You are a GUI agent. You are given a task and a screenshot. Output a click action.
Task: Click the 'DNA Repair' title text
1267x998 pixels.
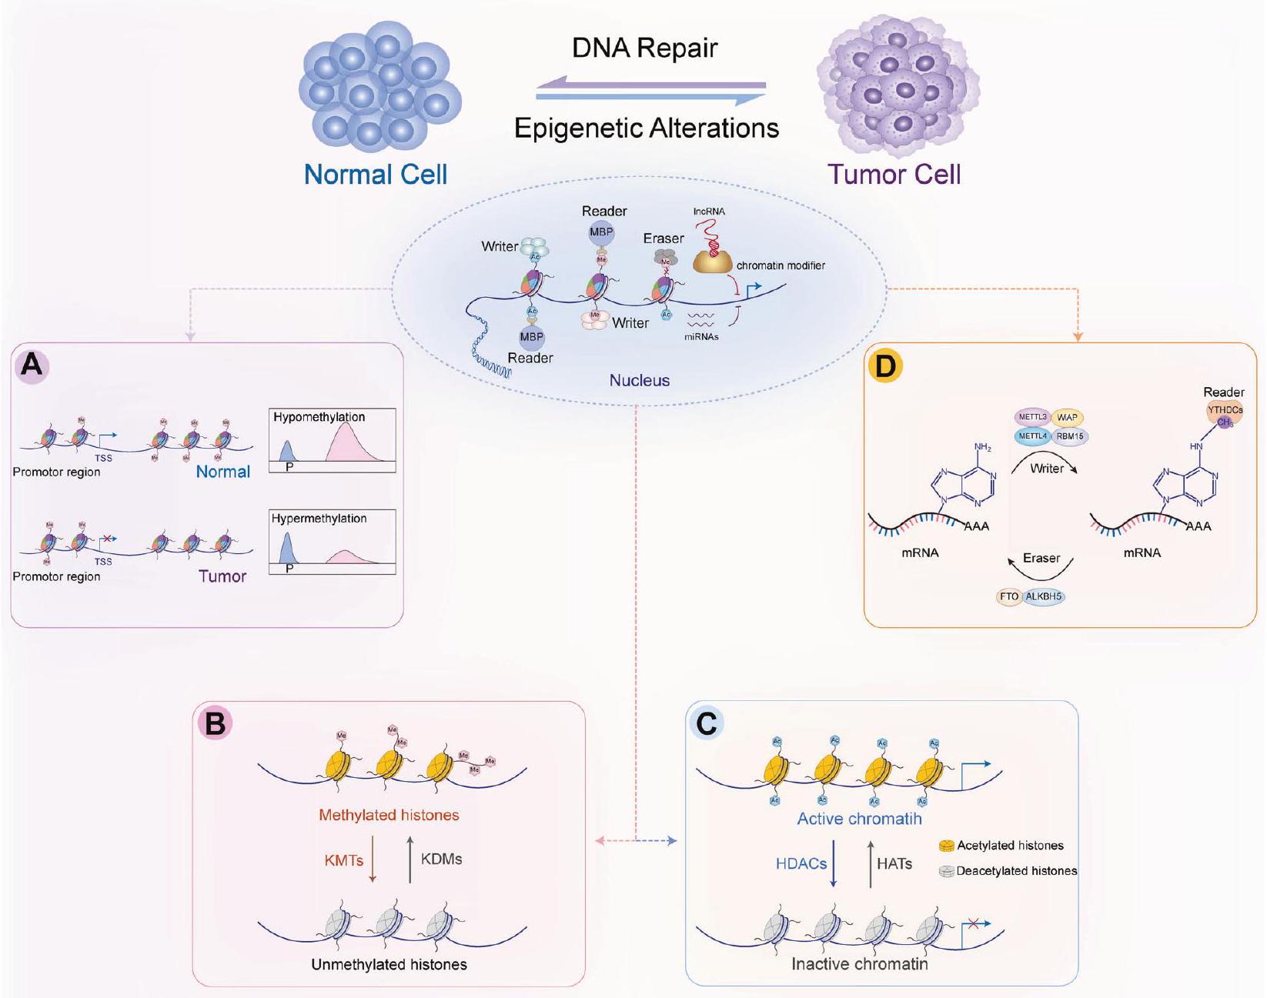click(x=644, y=48)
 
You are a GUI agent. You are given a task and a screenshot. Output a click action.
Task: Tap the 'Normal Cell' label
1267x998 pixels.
click(x=376, y=175)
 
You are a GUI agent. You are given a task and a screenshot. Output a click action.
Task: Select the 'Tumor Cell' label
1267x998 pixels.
click(x=894, y=175)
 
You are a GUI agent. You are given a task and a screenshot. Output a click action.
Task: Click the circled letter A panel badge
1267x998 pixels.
click(x=32, y=364)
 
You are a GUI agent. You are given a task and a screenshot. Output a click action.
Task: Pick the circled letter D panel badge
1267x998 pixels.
click(x=884, y=367)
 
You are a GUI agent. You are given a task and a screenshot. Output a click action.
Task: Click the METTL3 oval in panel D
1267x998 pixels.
click(x=1032, y=417)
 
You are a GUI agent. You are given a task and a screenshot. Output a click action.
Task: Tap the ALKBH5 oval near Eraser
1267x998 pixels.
click(x=1044, y=596)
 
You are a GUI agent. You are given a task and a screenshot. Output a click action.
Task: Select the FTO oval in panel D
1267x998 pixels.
click(x=1008, y=596)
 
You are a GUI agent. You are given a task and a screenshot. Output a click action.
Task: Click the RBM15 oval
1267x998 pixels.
click(x=1069, y=436)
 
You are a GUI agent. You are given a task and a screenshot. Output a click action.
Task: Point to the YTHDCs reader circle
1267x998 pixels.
click(x=1224, y=411)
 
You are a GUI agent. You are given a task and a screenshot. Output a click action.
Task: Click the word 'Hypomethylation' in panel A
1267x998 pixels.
click(x=319, y=417)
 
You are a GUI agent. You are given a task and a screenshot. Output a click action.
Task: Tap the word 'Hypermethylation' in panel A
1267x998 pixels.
click(x=319, y=519)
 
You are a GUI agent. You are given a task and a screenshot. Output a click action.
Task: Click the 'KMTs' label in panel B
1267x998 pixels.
click(x=343, y=859)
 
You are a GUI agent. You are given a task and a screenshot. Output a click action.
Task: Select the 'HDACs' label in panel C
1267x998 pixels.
click(x=801, y=863)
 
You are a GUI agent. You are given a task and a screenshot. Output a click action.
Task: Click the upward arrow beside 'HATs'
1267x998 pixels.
click(x=871, y=863)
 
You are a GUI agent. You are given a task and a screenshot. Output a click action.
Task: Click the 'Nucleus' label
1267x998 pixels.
click(x=639, y=380)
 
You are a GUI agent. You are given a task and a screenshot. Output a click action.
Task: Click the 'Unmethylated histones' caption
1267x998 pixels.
click(x=389, y=964)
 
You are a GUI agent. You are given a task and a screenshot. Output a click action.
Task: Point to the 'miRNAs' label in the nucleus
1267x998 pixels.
click(x=701, y=336)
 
